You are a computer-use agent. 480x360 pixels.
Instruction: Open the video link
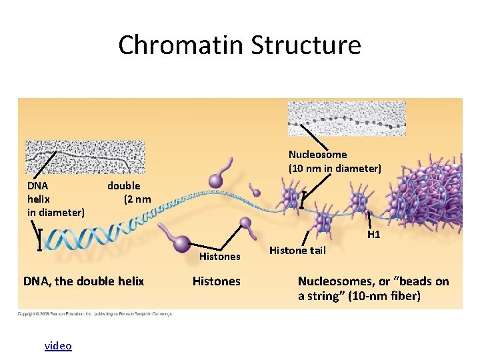pos(58,345)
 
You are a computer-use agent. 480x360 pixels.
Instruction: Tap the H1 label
pos(374,235)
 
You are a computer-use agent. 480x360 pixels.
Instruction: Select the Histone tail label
pos(297,251)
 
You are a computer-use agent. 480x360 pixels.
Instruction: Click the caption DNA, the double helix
pos(83,281)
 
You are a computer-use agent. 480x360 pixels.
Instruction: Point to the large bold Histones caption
pos(216,281)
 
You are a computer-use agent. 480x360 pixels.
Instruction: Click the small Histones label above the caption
pos(220,257)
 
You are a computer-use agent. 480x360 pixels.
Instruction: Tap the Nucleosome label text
pos(317,155)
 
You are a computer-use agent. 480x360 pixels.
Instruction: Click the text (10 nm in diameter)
pos(335,169)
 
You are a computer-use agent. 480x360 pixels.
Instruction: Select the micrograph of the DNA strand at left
pos(85,157)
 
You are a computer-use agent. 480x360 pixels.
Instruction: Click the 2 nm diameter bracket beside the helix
pos(39,239)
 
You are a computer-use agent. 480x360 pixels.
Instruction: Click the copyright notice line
pos(95,313)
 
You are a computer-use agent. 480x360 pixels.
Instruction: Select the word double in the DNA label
pos(124,185)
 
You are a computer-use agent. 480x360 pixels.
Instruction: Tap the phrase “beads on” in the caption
pos(425,281)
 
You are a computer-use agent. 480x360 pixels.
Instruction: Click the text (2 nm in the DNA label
pos(137,199)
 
